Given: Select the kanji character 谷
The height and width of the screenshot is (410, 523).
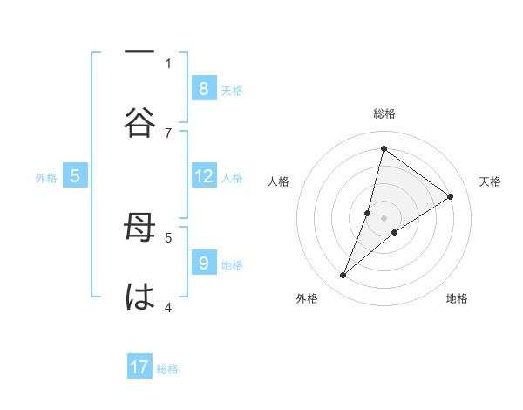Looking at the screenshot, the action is coord(139,123).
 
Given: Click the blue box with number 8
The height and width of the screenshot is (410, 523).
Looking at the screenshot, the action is coord(203,88).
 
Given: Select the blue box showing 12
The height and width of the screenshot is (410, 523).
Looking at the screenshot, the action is coord(203,176).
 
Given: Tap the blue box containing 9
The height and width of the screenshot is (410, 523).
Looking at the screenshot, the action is coord(203,263).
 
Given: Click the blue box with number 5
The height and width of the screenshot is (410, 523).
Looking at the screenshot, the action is coord(75,176).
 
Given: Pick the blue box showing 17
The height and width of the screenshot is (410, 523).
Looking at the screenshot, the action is coord(139,367).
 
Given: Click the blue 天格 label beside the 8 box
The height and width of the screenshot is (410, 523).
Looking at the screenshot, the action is coord(232,90).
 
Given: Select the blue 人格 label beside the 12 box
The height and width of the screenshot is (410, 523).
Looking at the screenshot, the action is coord(232,177).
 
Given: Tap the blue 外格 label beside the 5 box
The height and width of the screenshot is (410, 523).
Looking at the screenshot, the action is coord(46,177).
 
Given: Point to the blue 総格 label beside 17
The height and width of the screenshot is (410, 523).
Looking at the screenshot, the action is coord(167,369).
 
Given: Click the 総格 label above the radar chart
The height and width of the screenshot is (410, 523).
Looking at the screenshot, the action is coord(384,113).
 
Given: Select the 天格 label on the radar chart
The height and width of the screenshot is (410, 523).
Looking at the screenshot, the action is coord(491,181).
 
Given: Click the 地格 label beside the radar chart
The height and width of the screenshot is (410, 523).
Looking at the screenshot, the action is coord(457,298).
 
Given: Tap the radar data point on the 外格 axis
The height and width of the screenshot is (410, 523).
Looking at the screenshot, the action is coord(343,276).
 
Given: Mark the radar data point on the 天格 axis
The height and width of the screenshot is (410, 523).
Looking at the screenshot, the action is coord(451,196).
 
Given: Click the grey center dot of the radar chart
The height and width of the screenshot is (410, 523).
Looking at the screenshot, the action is coord(384,217).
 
